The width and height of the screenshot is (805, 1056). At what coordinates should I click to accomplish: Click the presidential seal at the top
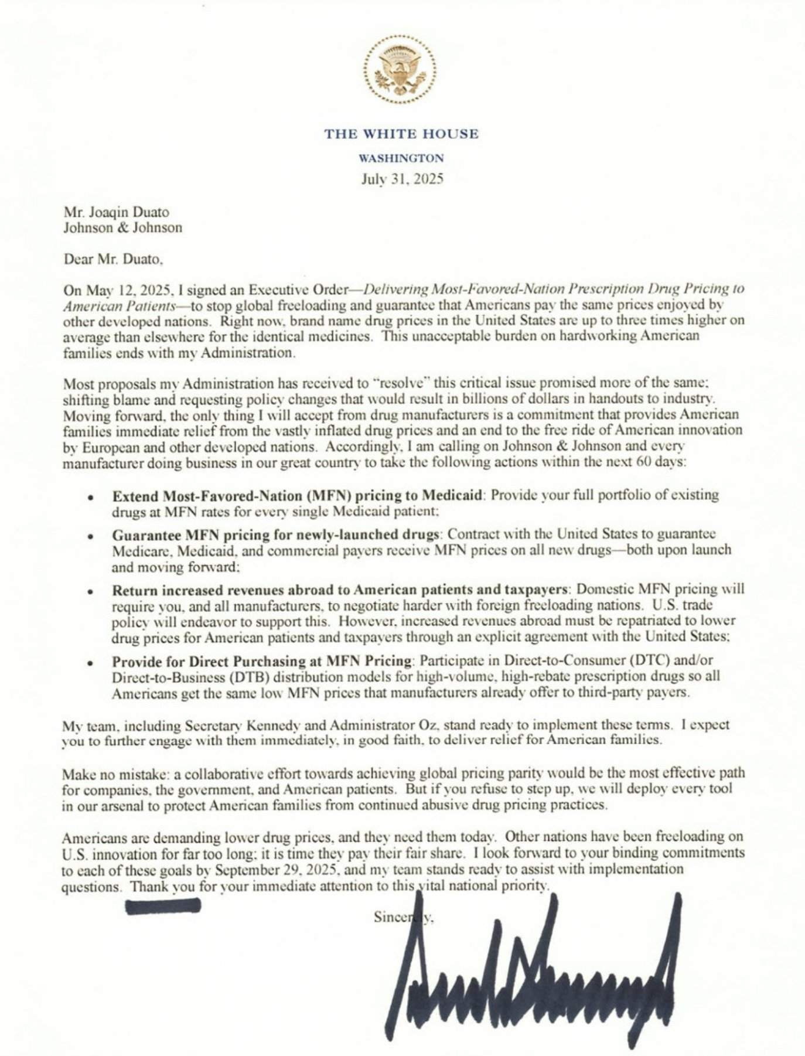click(x=401, y=69)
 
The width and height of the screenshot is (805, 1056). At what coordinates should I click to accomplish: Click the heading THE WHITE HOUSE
click(x=401, y=134)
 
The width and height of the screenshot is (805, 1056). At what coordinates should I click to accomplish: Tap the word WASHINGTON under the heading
click(x=401, y=158)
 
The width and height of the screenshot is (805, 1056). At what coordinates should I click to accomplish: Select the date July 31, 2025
click(x=401, y=179)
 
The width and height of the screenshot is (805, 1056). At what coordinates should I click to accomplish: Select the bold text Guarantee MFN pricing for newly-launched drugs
click(x=275, y=535)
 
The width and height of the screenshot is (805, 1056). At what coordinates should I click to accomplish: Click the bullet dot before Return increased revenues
click(x=90, y=591)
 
